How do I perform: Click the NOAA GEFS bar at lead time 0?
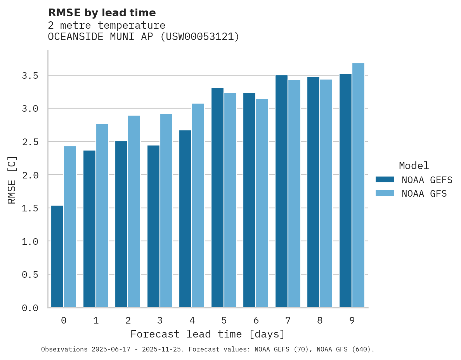click(57, 256)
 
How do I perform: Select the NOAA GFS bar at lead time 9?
click(358, 185)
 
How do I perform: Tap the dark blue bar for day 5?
click(217, 198)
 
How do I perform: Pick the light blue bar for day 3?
click(166, 211)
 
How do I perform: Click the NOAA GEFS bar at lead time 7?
click(281, 191)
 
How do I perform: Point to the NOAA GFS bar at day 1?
click(102, 216)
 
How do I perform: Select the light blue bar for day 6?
click(262, 203)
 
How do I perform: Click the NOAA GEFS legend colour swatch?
click(385, 180)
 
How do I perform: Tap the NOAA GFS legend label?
click(424, 194)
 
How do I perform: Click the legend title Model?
click(414, 166)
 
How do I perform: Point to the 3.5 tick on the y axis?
click(30, 76)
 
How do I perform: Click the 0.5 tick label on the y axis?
click(30, 275)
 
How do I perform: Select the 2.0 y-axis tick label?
click(30, 175)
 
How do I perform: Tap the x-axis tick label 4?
click(192, 320)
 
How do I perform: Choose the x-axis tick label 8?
click(320, 320)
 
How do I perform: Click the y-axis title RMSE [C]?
click(12, 180)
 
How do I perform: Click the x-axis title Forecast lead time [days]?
click(208, 334)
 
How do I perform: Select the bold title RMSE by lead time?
click(102, 13)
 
